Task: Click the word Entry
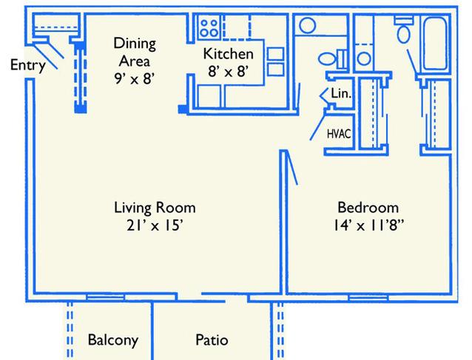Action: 28,65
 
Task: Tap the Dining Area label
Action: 135,52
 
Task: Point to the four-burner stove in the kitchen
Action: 209,27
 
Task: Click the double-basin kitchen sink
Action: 275,61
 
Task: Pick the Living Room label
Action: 155,208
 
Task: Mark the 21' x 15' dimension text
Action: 155,225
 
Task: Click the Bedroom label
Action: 368,208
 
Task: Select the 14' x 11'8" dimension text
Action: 368,225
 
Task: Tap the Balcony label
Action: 113,340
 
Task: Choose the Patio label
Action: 212,340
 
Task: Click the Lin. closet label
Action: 341,94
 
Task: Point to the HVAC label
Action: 339,134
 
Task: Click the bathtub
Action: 435,44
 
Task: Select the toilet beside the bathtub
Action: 404,30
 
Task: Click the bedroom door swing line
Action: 292,168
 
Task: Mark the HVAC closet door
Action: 317,126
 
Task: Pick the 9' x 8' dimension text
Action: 134,79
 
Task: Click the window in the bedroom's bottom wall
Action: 368,298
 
